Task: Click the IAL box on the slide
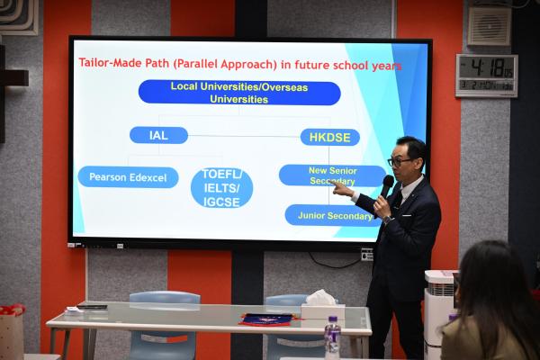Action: [x=158, y=135]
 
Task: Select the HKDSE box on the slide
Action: [x=329, y=137]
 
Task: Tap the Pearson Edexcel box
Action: [x=128, y=177]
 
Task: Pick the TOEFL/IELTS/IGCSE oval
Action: [x=221, y=187]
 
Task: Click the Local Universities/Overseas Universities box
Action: [x=239, y=93]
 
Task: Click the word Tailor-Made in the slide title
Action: [x=113, y=65]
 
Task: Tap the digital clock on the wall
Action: [x=486, y=75]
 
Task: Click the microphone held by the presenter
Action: [x=386, y=185]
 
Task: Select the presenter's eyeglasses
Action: [x=400, y=161]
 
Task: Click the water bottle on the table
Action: [x=332, y=337]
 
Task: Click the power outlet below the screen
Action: [x=366, y=255]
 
